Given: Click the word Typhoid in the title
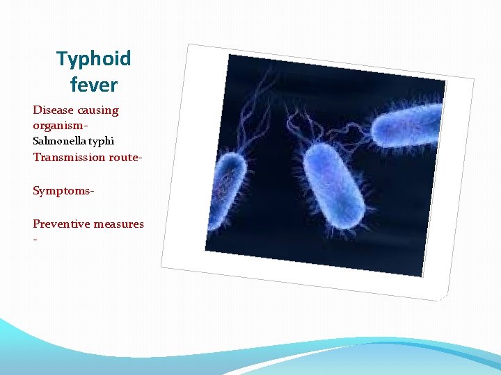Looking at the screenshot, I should (x=94, y=59).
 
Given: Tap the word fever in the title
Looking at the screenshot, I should (x=94, y=85).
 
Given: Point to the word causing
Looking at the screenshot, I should (x=98, y=110).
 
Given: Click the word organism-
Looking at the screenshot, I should (x=60, y=126).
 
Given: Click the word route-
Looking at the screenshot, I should (x=125, y=157).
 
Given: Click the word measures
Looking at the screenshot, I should (x=120, y=224).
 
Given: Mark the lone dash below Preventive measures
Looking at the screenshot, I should (x=35, y=238).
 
